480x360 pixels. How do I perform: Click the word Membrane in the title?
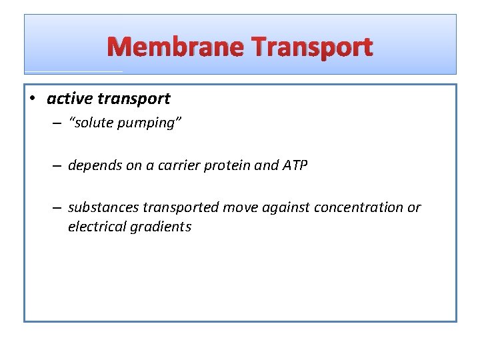pyautogui.click(x=175, y=47)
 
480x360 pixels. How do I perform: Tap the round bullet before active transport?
pyautogui.click(x=33, y=99)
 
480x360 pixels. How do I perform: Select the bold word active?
pyautogui.click(x=69, y=99)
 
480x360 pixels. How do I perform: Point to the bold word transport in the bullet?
pyautogui.click(x=133, y=99)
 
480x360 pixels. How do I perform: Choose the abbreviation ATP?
pyautogui.click(x=295, y=165)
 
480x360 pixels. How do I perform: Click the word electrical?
pyautogui.click(x=96, y=227)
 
